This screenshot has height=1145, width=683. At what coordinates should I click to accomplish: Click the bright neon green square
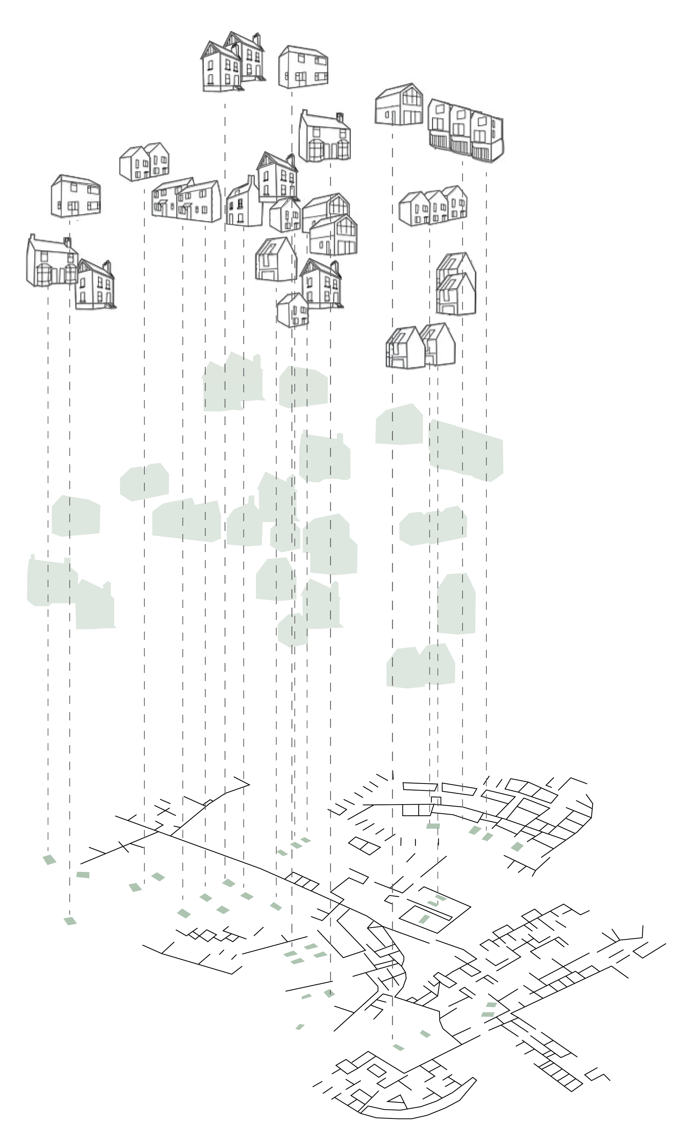coord(335,633)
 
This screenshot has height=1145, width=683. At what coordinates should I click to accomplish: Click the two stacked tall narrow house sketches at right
coord(456,284)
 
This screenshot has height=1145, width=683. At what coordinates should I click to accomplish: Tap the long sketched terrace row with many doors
coord(186,201)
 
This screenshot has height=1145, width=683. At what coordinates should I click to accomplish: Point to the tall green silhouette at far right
coord(456,604)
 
